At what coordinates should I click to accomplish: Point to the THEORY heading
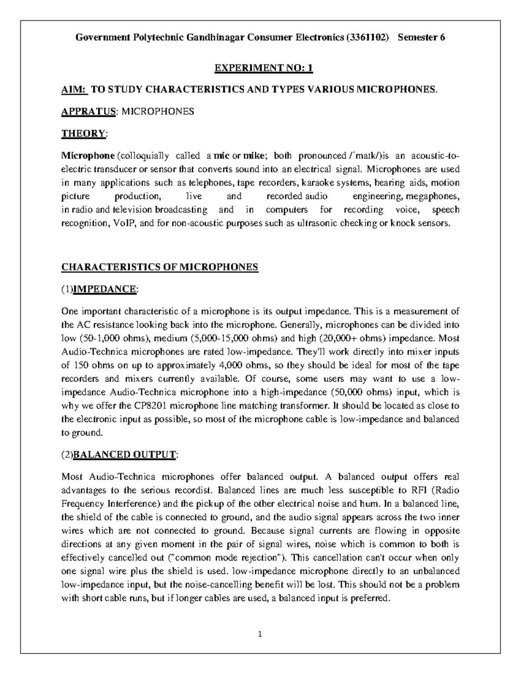coord(83,133)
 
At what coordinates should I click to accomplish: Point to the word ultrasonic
coord(303,224)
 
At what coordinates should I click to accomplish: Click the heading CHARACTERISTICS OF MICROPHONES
coord(160,267)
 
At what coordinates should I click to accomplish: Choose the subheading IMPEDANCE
coord(105,289)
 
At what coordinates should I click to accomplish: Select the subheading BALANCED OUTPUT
coord(125,454)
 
